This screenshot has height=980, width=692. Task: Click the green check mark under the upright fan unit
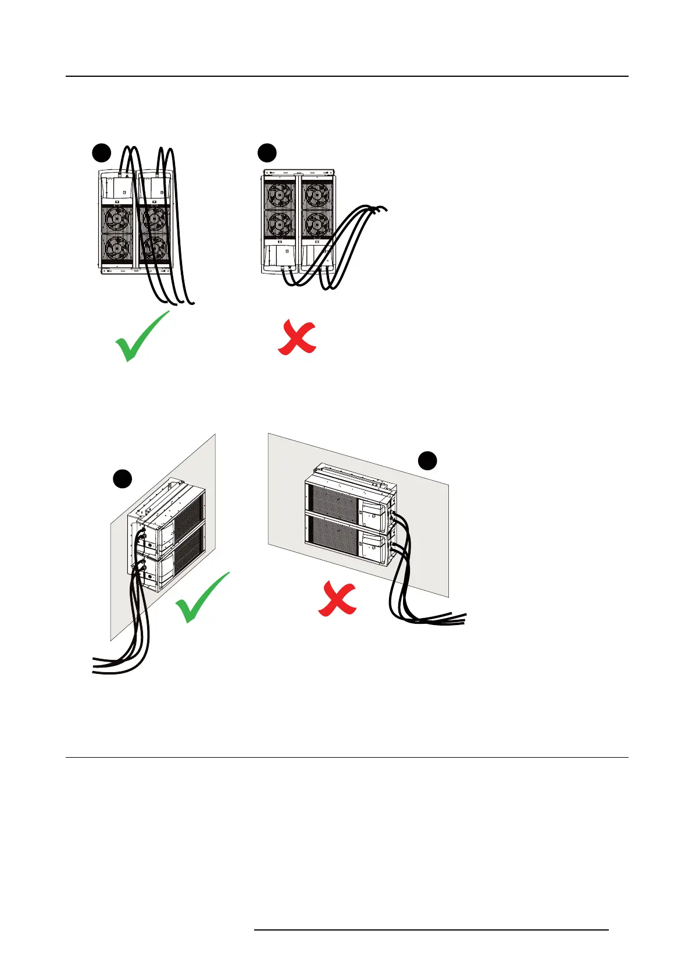[141, 337]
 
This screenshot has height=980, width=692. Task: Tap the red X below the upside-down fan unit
[297, 338]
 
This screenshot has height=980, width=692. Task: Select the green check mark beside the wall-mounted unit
[202, 598]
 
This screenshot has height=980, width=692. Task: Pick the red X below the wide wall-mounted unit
[337, 600]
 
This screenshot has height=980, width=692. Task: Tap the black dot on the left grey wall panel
[122, 480]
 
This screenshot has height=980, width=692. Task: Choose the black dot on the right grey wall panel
[428, 460]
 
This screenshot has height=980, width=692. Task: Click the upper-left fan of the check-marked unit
[117, 219]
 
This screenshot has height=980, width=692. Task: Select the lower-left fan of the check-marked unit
[117, 250]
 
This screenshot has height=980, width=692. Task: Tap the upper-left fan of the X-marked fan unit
[280, 195]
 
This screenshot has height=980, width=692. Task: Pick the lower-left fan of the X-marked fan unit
[280, 223]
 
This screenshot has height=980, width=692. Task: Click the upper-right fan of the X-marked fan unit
[317, 195]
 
